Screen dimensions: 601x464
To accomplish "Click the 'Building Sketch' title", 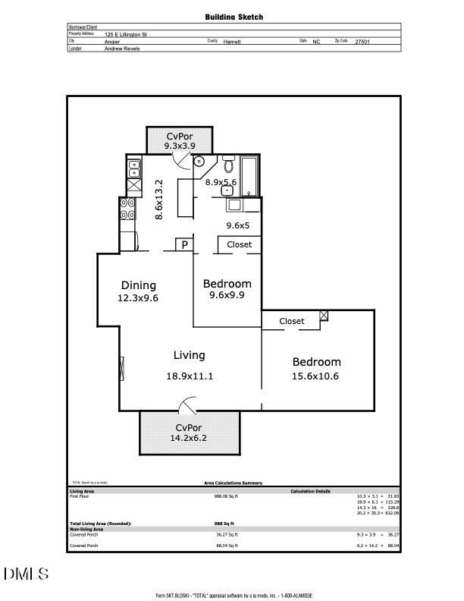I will pyautogui.click(x=234, y=16).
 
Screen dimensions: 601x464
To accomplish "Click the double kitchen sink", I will pyautogui.click(x=134, y=165).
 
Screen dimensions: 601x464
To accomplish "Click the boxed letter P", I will pyautogui.click(x=184, y=244).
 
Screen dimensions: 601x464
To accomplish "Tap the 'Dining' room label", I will pyautogui.click(x=139, y=285).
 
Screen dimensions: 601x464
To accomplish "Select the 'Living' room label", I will pyautogui.click(x=189, y=355).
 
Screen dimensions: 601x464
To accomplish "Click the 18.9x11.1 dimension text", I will pyautogui.click(x=189, y=376).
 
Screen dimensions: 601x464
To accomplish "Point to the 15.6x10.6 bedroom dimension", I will pyautogui.click(x=317, y=376).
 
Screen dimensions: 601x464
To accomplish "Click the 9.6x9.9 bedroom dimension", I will pyautogui.click(x=226, y=296).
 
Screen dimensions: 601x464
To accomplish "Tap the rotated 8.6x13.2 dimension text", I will pyautogui.click(x=159, y=200).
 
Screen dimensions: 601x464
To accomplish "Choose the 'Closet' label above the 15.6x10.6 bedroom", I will pyautogui.click(x=292, y=321).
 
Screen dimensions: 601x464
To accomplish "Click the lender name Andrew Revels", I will pyautogui.click(x=122, y=49).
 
